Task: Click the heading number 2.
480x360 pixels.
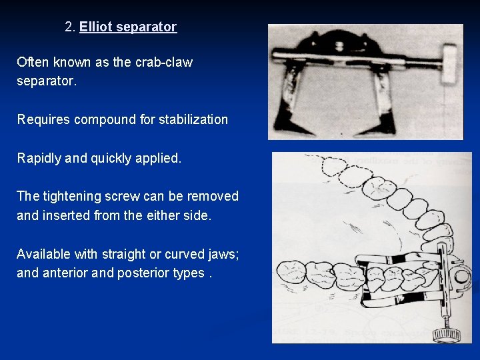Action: (x=70, y=27)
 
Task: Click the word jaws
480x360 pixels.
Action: (x=224, y=255)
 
